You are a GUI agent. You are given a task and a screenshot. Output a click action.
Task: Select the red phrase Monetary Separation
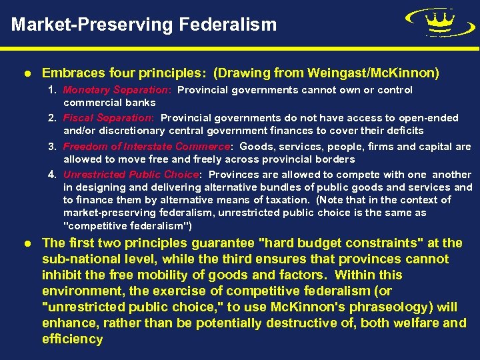(117, 89)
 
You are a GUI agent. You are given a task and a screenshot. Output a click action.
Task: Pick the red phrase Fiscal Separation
(109, 118)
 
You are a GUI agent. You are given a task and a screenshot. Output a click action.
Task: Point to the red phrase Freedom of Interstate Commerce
(147, 147)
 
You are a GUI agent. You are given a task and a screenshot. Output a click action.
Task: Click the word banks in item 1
(141, 103)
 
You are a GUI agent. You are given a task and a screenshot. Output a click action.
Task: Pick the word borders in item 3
(335, 159)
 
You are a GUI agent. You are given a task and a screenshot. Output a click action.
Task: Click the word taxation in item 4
(288, 200)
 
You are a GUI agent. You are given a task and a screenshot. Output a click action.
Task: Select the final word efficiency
(72, 339)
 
